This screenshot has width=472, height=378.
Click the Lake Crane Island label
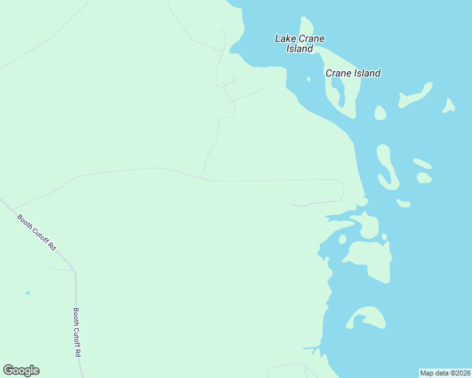(300, 43)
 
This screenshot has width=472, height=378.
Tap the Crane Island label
(353, 73)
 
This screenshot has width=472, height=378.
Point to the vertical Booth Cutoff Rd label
(77, 333)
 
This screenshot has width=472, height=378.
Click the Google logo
(21, 370)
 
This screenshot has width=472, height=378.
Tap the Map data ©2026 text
(445, 373)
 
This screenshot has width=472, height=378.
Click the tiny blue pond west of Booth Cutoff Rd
(27, 293)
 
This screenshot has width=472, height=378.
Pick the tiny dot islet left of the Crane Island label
(309, 79)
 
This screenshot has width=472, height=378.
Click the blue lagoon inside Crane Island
(340, 94)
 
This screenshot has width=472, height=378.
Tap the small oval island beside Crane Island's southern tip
(380, 113)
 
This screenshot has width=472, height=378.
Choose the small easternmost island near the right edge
(449, 105)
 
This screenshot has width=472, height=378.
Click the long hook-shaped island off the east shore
(386, 167)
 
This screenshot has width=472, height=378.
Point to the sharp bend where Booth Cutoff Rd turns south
(74, 271)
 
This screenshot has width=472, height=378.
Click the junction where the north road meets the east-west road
(201, 178)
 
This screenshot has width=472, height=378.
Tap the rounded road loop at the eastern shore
(340, 190)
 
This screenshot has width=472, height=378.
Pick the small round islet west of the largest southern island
(342, 239)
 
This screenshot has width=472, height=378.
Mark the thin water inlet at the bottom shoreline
(311, 348)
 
